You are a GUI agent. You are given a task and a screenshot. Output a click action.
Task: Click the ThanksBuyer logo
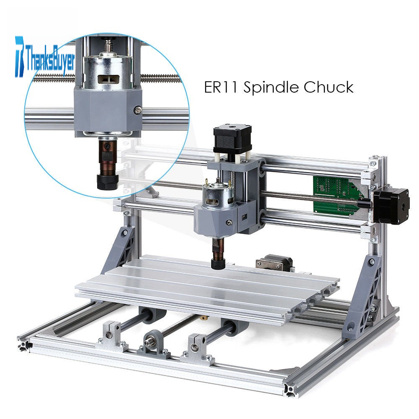tap(45, 57)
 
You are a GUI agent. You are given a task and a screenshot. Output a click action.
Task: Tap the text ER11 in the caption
tap(221, 87)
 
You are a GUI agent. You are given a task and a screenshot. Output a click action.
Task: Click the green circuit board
tap(337, 193)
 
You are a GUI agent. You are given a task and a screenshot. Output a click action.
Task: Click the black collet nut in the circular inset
tap(106, 182)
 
